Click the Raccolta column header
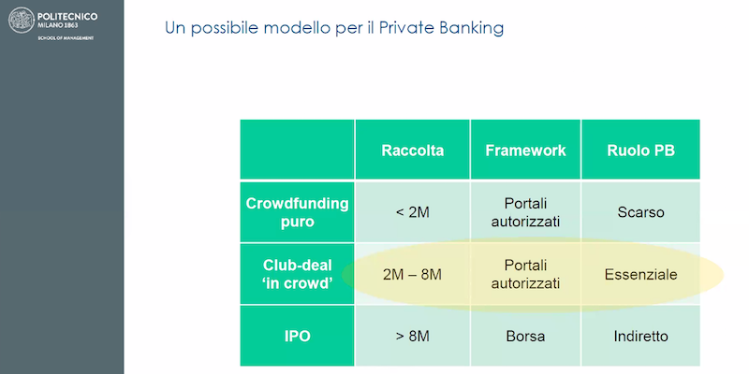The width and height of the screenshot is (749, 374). (x=412, y=151)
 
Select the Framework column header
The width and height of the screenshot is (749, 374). (x=525, y=151)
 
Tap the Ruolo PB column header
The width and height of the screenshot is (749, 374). (x=640, y=151)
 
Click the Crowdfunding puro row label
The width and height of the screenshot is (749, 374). (x=297, y=212)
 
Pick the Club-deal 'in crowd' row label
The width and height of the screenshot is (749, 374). (x=297, y=274)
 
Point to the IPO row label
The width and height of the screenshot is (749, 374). (x=297, y=336)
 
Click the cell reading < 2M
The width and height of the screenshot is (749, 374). (x=412, y=212)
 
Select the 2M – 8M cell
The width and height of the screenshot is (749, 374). (x=412, y=274)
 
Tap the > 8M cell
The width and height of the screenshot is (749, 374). (x=412, y=336)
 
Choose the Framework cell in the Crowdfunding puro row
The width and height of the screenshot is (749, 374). (x=525, y=212)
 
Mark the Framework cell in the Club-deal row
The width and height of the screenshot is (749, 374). (x=525, y=274)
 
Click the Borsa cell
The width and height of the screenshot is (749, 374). (x=525, y=336)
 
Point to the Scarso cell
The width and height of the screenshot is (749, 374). (x=640, y=212)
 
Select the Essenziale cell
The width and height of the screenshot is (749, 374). (x=640, y=274)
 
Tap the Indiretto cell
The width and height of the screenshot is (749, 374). (x=640, y=336)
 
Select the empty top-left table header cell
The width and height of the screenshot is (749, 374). (x=297, y=150)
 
